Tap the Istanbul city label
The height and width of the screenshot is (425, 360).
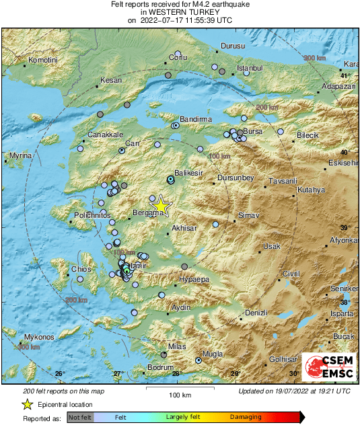point(250,69)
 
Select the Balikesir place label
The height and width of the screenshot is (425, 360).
point(188,173)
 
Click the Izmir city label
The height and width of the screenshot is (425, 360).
point(138,266)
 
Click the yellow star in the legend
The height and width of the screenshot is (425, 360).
point(27,405)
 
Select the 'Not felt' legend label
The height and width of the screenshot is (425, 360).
point(81,418)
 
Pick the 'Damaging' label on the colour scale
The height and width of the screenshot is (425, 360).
point(246,418)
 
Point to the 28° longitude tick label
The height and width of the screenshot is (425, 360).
point(176,374)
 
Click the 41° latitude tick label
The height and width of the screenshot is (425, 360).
point(344,76)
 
